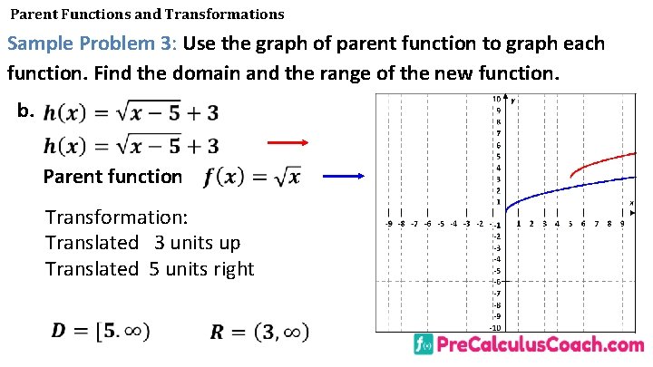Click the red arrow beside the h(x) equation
(x=288, y=142)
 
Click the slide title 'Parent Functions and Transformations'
(x=147, y=14)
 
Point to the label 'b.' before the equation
(x=25, y=111)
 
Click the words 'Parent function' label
(x=112, y=177)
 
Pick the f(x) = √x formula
(x=252, y=177)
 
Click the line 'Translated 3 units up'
(x=142, y=243)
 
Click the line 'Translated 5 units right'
(x=150, y=268)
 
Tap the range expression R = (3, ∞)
(x=258, y=332)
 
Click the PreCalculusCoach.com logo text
(x=541, y=345)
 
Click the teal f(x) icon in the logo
(x=423, y=345)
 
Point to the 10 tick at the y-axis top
(x=496, y=99)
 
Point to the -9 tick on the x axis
(x=389, y=223)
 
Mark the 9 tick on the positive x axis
(x=622, y=223)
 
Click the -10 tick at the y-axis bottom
(x=496, y=327)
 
